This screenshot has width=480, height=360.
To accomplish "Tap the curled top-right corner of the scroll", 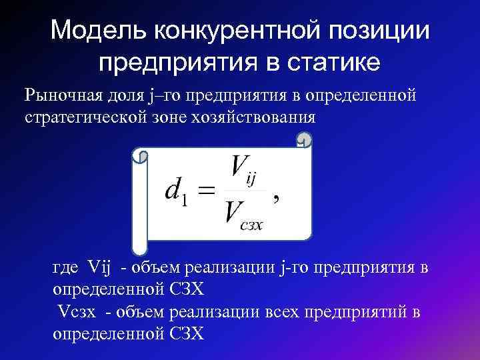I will tap(304, 142).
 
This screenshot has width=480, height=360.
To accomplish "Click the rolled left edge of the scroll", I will tap(140, 200).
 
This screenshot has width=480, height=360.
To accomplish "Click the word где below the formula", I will tap(66, 268).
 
